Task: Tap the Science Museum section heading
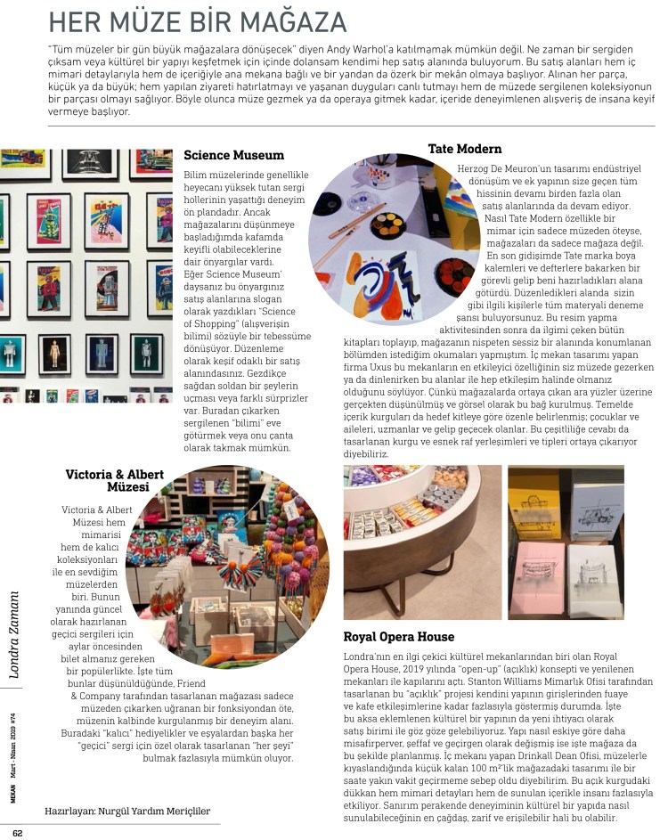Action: (x=233, y=155)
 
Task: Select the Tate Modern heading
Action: (x=464, y=149)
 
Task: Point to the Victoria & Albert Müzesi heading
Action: (x=111, y=482)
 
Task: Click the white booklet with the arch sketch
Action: (x=595, y=567)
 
